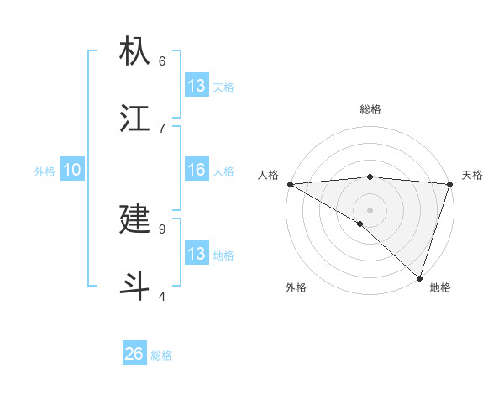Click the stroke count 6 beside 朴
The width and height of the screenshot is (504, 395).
tap(162, 61)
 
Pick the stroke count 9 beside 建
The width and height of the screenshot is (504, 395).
tap(162, 229)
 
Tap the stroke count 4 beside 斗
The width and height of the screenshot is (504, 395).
tap(162, 296)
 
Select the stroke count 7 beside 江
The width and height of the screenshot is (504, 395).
tap(162, 128)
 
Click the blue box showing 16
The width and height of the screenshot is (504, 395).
tap(197, 170)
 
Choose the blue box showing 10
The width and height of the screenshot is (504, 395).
tap(72, 170)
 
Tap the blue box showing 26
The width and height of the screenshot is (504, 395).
tap(134, 354)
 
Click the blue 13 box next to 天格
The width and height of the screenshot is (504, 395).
tap(197, 86)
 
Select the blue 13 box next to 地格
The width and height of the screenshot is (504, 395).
tap(197, 254)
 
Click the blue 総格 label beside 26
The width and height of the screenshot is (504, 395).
tap(161, 355)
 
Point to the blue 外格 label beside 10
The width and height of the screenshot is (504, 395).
tap(45, 171)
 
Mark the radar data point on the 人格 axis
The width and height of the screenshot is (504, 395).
tap(290, 184)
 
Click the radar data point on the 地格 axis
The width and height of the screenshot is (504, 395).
tap(419, 277)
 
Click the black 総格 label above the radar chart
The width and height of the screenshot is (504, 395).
tap(370, 109)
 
